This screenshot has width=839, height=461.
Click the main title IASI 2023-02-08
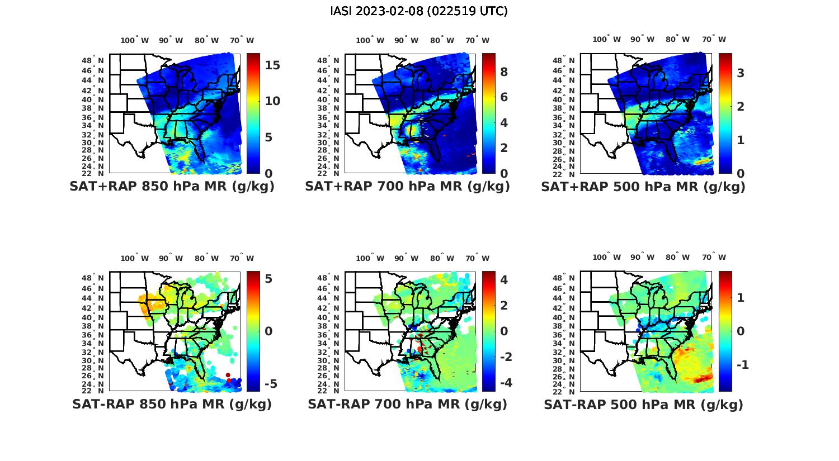[419, 11]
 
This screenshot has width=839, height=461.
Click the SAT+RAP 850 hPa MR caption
[172, 187]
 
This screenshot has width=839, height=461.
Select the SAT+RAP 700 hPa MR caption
[407, 187]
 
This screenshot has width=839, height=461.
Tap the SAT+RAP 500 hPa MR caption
[643, 187]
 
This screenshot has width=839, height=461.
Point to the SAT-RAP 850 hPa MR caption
[172, 404]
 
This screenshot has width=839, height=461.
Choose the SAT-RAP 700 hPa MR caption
[407, 404]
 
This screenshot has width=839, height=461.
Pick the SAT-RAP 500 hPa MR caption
[643, 404]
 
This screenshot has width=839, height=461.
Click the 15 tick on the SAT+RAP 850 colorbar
[272, 65]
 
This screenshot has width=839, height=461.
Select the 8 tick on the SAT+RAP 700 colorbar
[503, 72]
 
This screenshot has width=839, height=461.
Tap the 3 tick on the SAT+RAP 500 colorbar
[740, 73]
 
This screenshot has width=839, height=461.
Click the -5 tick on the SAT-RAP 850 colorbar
[270, 384]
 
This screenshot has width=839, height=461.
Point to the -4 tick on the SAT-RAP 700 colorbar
[501, 383]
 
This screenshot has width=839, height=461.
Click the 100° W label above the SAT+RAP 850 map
[135, 40]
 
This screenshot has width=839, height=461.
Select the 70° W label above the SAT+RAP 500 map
[714, 39]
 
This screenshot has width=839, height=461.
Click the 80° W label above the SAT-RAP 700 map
[442, 258]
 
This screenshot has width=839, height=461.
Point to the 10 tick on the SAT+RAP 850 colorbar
[272, 101]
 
